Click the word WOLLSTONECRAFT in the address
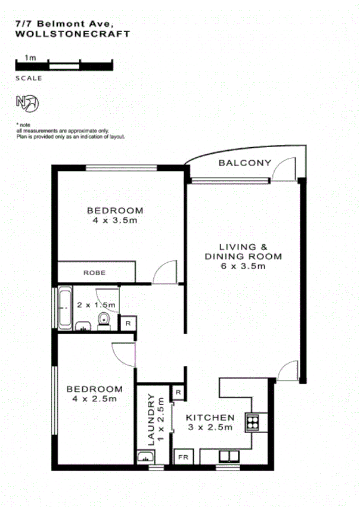click(x=72, y=35)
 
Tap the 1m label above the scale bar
click(x=29, y=58)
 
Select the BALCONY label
click(x=245, y=163)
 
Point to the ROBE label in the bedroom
click(x=94, y=272)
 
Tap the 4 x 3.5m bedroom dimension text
click(x=115, y=220)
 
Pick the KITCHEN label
click(x=209, y=418)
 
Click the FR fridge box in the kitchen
click(x=182, y=458)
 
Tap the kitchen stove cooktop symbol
click(x=253, y=421)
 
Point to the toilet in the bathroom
click(x=104, y=321)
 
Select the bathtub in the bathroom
click(x=65, y=307)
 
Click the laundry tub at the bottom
click(x=145, y=458)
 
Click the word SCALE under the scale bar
click(x=29, y=78)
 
